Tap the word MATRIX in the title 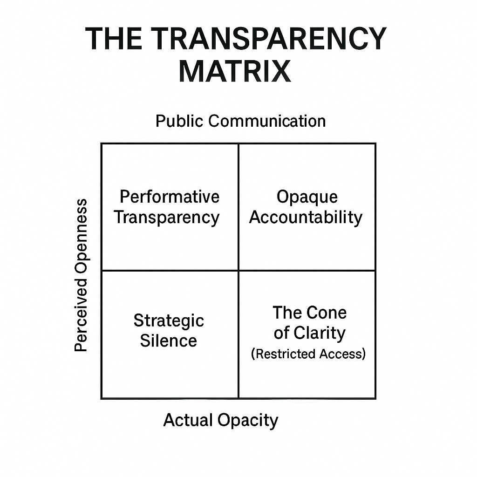[x=235, y=71]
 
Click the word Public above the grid [x=180, y=121]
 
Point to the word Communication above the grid [x=267, y=121]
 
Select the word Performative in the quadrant [x=170, y=197]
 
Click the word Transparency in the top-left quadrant [x=167, y=217]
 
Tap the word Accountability [x=306, y=217]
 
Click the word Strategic [x=169, y=320]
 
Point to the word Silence [x=169, y=341]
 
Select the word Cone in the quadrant [x=328, y=313]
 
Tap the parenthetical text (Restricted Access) [x=308, y=354]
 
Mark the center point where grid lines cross [x=238, y=271]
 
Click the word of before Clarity [x=281, y=333]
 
